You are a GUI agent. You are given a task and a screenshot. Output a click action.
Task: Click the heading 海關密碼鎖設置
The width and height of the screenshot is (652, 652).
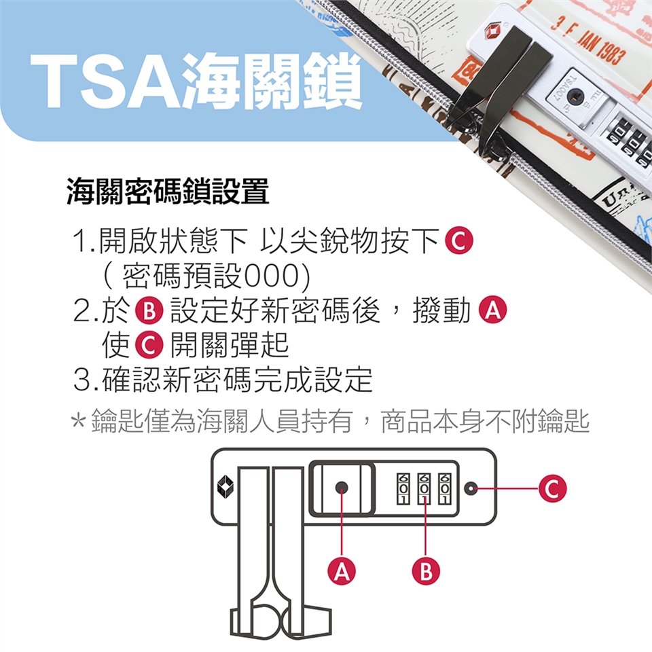click(168, 192)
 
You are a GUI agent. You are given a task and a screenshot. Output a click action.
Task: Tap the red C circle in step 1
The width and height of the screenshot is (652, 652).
click(459, 240)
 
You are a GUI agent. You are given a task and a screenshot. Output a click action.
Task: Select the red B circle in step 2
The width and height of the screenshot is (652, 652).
click(149, 310)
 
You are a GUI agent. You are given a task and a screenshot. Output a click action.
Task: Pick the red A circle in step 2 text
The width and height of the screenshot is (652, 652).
click(493, 310)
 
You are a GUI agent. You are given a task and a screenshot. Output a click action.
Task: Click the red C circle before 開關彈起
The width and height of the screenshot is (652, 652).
click(149, 345)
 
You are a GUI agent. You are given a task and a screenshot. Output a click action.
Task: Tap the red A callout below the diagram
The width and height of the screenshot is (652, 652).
click(342, 571)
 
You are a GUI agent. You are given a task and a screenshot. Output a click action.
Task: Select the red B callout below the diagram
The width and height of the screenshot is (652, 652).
click(426, 571)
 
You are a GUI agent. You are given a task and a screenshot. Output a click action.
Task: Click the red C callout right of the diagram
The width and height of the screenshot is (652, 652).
click(553, 488)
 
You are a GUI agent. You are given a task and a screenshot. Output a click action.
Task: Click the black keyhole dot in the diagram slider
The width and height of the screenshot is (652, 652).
click(342, 488)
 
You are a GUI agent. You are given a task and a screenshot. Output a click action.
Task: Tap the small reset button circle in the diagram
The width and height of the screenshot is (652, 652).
click(471, 488)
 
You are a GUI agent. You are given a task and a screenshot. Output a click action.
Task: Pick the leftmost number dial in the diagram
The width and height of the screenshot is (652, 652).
click(403, 488)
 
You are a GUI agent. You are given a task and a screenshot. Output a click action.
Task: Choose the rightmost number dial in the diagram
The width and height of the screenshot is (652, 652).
click(444, 488)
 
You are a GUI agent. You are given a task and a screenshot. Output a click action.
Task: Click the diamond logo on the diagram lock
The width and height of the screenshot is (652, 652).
click(225, 486)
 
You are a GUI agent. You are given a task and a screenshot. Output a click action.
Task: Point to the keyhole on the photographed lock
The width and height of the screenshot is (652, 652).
click(575, 97)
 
